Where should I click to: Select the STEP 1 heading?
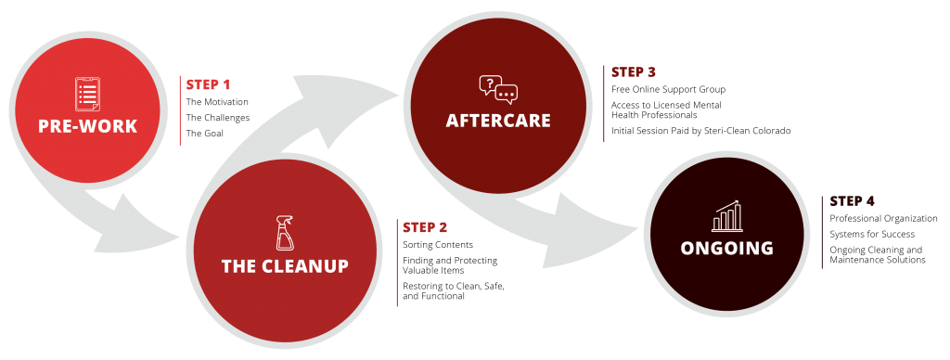[208, 84]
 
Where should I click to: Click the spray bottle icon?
[284, 233]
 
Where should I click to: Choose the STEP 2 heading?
[425, 226]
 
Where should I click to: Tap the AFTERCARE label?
[498, 121]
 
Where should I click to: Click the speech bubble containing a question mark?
[490, 84]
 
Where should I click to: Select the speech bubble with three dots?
[507, 94]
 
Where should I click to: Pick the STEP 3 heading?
[634, 71]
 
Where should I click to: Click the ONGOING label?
[726, 248]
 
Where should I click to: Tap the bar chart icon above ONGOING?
[726, 216]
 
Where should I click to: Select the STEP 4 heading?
[853, 200]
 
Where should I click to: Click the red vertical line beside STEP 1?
[180, 110]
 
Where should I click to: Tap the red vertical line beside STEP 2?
[397, 264]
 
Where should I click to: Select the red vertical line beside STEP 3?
[604, 103]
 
